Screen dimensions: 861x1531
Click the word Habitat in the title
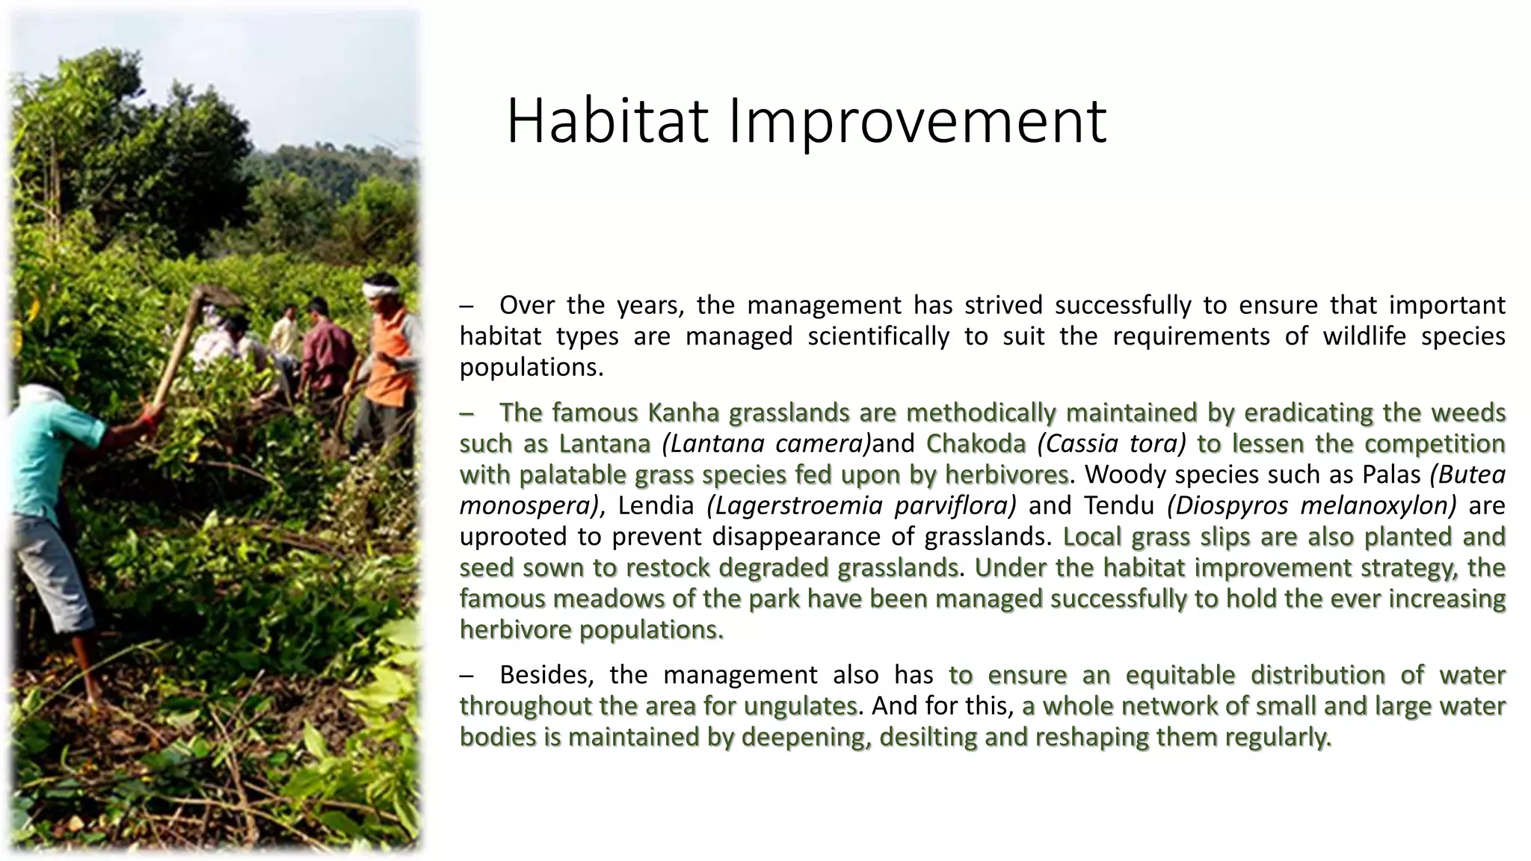point(607,121)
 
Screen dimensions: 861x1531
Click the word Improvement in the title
point(917,121)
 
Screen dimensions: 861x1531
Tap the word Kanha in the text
point(683,413)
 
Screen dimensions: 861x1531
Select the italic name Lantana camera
point(767,444)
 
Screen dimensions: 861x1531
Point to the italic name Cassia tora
point(1112,444)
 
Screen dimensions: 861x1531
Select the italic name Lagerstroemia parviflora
point(861,506)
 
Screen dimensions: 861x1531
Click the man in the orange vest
point(390,359)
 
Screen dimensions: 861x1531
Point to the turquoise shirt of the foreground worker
point(52,448)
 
